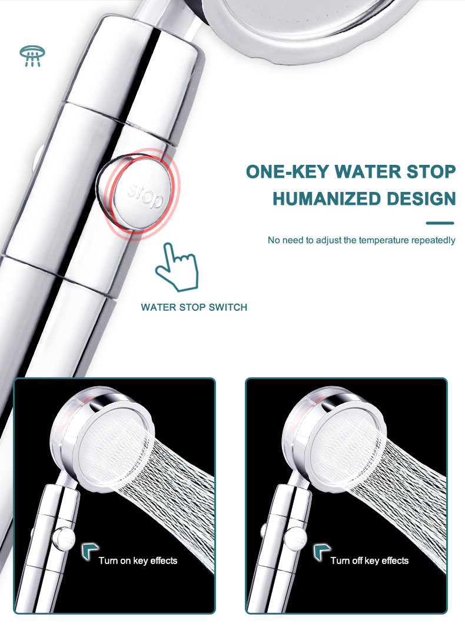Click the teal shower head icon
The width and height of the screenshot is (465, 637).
point(32,56)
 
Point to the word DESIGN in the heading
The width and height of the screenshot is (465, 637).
point(421,198)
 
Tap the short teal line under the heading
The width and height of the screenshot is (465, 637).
point(440,223)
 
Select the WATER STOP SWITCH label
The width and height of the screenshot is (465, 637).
point(194,307)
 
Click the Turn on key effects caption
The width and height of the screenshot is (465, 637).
point(138,560)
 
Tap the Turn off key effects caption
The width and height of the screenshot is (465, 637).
point(369,560)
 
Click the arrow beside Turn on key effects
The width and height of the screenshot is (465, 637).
point(90,551)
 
